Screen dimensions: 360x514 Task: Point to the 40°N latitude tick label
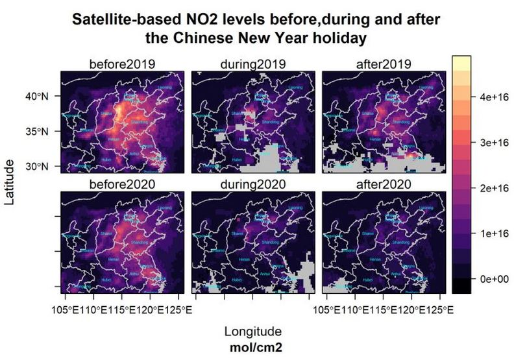coord(37,96)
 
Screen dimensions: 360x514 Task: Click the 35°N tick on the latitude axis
coord(37,132)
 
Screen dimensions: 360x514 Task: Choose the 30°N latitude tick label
coord(37,167)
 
